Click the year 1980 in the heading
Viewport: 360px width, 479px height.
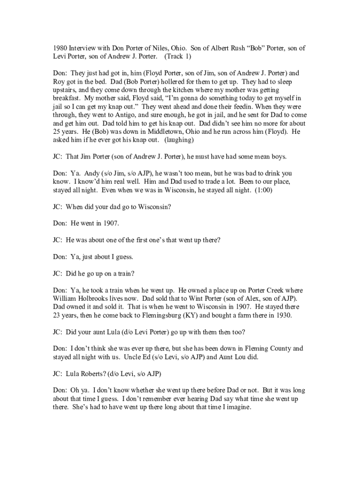(60, 48)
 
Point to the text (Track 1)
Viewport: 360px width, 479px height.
(178, 57)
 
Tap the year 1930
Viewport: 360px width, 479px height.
(281, 315)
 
